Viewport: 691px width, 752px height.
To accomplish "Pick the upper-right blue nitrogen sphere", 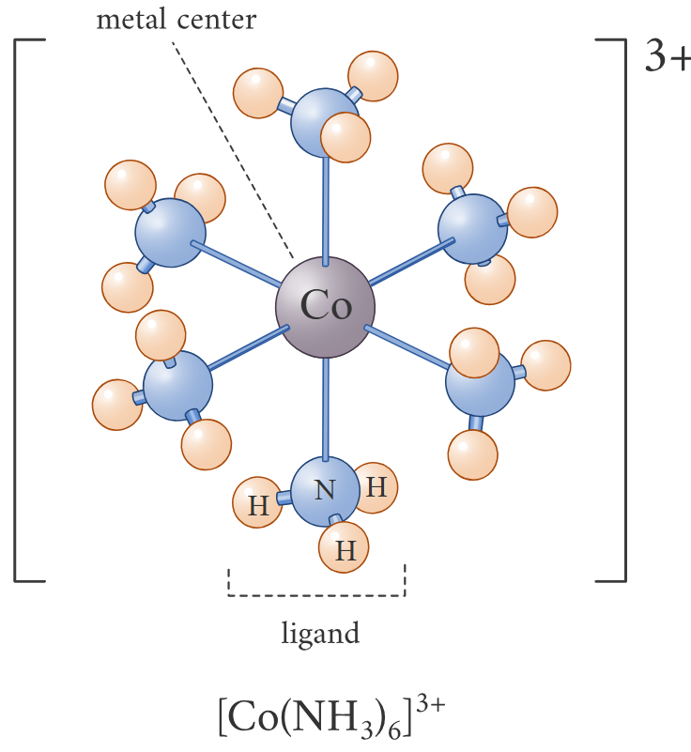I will point(473,229).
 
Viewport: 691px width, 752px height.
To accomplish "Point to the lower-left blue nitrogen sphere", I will point(177,386).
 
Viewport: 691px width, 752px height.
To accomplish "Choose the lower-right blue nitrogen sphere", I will point(480,384).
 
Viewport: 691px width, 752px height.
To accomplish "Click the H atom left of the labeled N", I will point(258,506).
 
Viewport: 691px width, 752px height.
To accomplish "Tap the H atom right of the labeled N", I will point(376,487).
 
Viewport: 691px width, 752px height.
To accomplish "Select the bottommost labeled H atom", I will point(345,549).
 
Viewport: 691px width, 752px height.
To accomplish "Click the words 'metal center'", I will point(176,20).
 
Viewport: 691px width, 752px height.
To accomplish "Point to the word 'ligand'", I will point(320,634).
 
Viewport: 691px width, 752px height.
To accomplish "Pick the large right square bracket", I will point(620,310).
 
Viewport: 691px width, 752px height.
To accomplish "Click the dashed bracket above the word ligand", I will point(316,593).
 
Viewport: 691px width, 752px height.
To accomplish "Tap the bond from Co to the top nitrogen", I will point(325,207).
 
